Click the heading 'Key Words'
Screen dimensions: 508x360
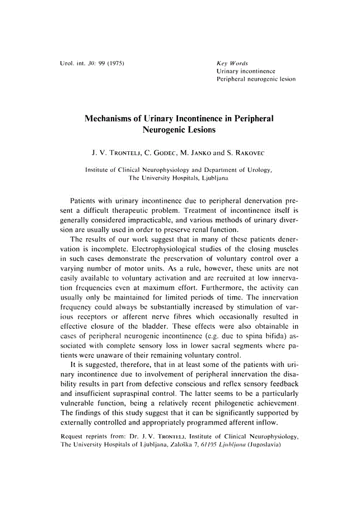[x=231, y=63]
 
